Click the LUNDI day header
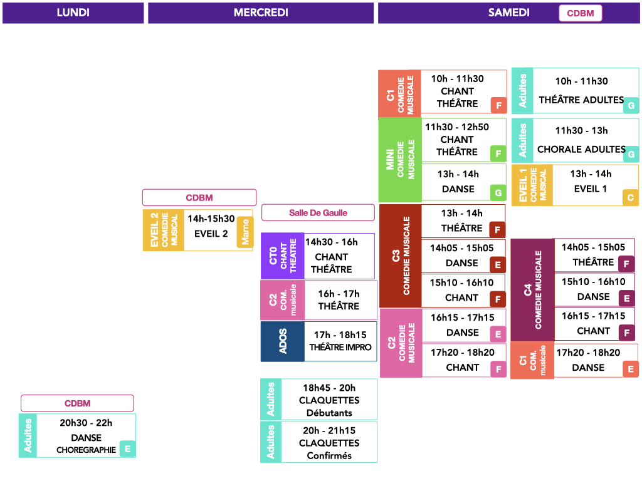pos(73,13)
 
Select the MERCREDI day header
pos(261,13)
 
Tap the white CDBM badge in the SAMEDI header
pos(580,13)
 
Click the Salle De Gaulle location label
pos(318,213)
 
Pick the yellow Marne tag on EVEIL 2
pos(245,232)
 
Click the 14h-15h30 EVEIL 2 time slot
pos(211,226)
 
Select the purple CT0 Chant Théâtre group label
pos(283,256)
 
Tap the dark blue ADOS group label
pos(283,341)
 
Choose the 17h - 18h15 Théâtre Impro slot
pos(340,341)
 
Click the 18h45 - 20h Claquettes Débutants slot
pos(329,400)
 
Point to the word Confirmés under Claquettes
pos(329,456)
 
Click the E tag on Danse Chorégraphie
pos(127,449)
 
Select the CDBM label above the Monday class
pos(77,403)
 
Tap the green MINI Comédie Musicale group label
pos(400,160)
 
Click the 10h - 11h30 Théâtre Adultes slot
pos(581,90)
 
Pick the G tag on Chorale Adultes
pos(631,154)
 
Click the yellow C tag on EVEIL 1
pos(630,197)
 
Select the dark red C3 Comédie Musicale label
pos(400,256)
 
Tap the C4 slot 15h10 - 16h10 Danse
pos(593,289)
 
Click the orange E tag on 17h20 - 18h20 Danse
pos(631,370)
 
